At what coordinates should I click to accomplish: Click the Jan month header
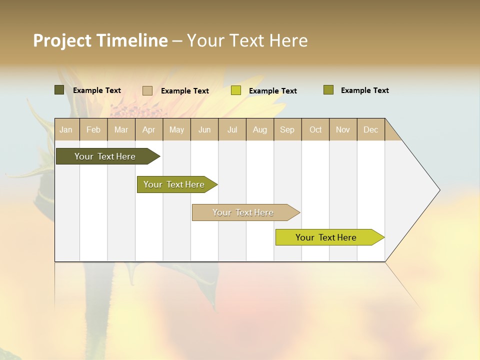(x=66, y=129)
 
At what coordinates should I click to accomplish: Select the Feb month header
(x=93, y=129)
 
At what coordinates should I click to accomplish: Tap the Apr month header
(x=148, y=129)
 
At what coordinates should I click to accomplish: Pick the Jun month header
(x=204, y=129)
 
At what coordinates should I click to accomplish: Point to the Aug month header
(x=259, y=129)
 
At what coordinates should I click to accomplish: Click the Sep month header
(x=287, y=129)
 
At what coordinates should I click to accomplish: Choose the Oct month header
(x=315, y=129)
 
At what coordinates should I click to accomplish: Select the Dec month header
(x=370, y=129)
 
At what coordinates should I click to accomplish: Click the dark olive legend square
(x=59, y=90)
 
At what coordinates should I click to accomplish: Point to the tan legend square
(x=147, y=90)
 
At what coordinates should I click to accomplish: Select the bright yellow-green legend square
(x=236, y=90)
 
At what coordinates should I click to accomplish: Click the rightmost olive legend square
(x=328, y=90)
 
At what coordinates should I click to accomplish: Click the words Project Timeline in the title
(x=100, y=40)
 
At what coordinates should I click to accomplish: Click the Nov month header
(x=343, y=129)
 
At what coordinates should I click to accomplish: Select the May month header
(x=176, y=129)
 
